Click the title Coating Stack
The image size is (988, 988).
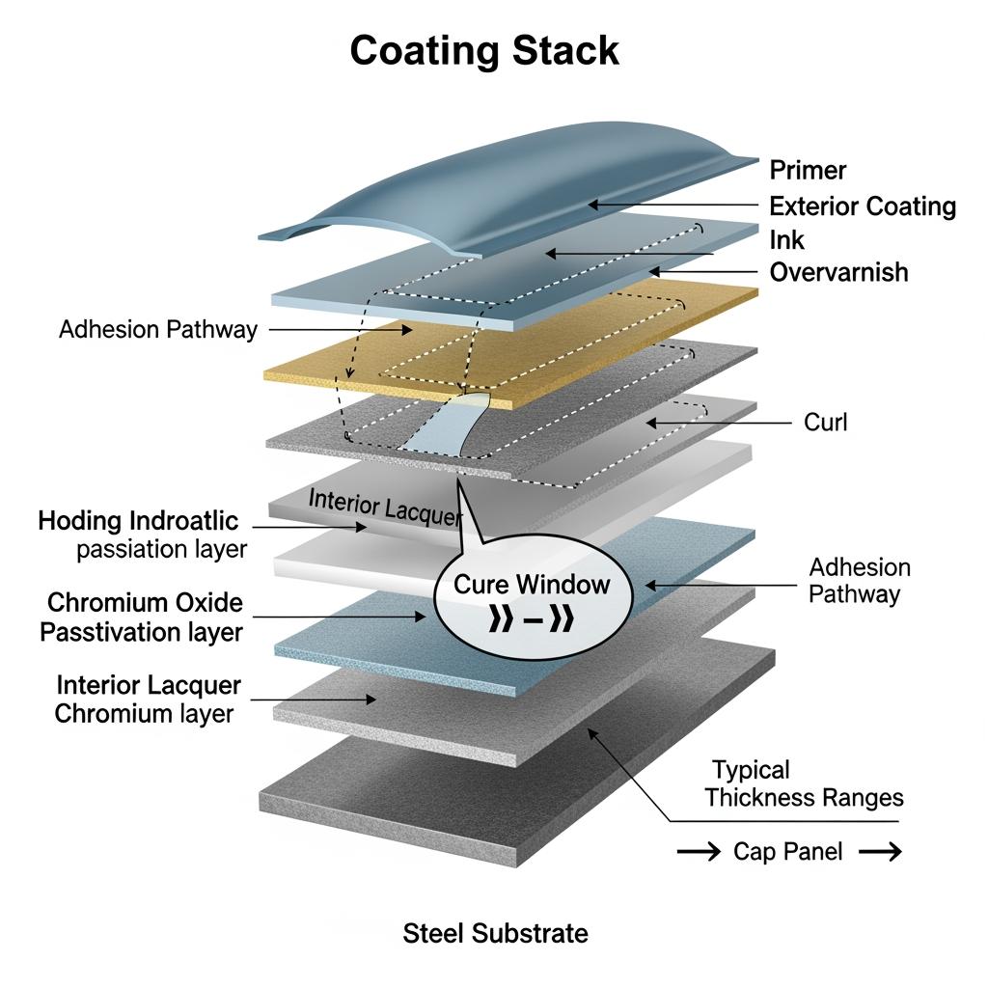484,50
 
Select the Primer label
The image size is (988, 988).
808,171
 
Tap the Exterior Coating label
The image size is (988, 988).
863,206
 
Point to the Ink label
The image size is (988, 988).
786,239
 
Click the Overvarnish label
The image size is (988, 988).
838,272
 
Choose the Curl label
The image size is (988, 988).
825,423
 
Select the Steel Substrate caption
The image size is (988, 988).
495,934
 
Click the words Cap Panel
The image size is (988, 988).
787,851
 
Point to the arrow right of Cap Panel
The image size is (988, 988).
880,851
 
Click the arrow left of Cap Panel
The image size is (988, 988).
698,851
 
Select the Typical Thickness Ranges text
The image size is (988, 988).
803,783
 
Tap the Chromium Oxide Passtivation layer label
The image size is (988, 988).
145,617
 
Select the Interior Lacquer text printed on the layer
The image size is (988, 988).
385,507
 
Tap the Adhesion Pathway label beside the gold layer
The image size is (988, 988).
158,330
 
